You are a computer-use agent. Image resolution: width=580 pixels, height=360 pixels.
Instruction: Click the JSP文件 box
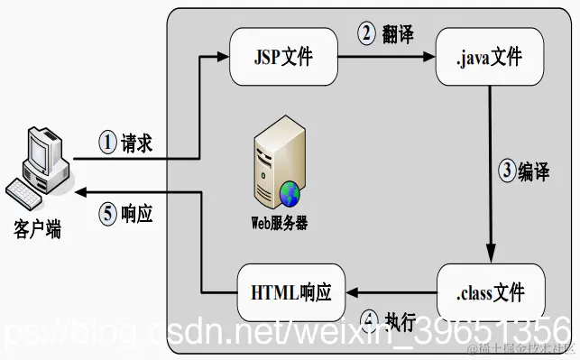[282, 59]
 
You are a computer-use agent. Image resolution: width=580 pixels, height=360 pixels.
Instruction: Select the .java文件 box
[490, 60]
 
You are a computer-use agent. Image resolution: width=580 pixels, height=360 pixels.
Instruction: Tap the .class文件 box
[490, 292]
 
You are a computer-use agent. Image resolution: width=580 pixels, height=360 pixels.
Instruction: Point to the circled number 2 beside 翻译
[366, 35]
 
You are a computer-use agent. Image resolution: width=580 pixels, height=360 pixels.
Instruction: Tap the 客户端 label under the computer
[37, 230]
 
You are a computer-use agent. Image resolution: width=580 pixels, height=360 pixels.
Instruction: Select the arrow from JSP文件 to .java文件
[385, 59]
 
